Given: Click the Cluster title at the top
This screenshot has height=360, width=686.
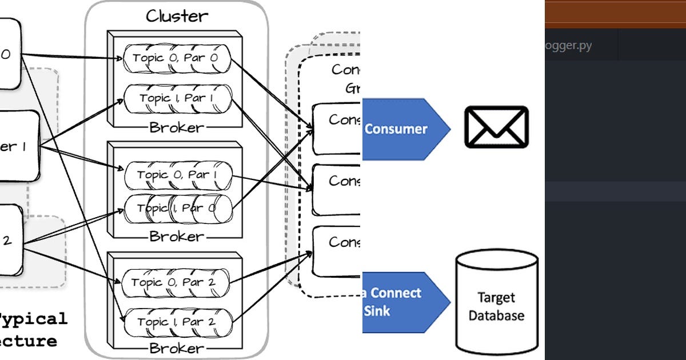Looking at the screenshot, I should tap(176, 15).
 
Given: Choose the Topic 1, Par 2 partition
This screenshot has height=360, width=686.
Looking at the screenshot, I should tap(176, 322).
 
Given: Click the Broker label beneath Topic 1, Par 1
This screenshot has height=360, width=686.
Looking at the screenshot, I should tap(176, 127).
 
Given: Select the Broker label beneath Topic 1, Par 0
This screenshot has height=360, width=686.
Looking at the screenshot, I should tap(176, 236).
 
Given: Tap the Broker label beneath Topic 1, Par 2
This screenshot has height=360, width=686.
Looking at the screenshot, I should tap(176, 347).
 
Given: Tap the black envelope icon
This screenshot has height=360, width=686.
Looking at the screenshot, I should tap(496, 127).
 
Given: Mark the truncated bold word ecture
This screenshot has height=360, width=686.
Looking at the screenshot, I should tap(29, 341).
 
